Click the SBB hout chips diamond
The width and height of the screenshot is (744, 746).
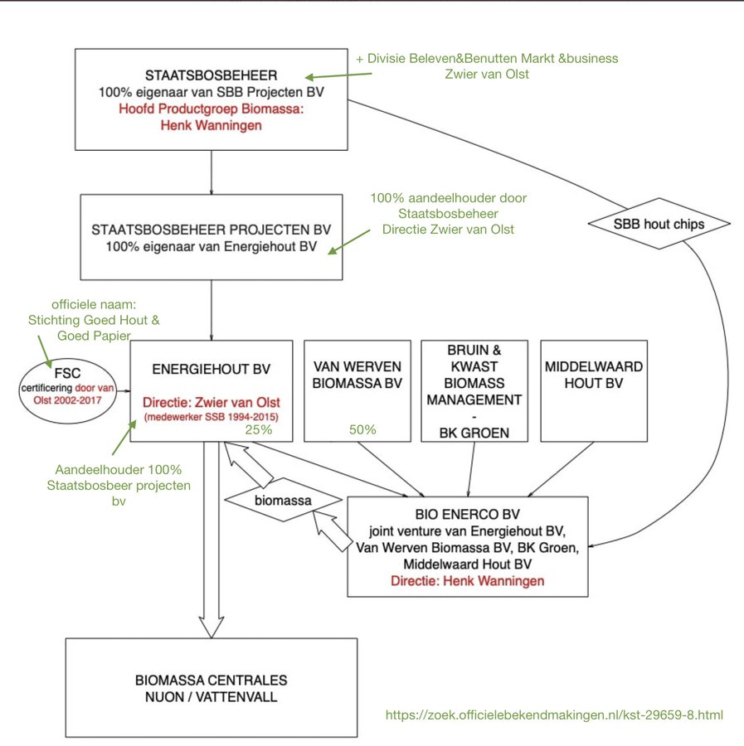(659, 224)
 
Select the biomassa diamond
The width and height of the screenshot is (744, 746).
(283, 500)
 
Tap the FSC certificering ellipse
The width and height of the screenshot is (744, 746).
(67, 390)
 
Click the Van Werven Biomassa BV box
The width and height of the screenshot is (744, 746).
(357, 391)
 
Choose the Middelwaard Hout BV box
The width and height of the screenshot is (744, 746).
(594, 391)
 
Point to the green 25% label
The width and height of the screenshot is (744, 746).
(259, 429)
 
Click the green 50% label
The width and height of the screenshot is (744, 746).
(362, 429)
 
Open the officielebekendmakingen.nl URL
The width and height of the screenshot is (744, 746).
(554, 715)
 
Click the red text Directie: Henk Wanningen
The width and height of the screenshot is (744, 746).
(468, 581)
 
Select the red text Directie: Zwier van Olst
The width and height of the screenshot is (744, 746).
(212, 403)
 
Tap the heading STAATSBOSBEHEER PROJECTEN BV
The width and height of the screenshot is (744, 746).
(212, 230)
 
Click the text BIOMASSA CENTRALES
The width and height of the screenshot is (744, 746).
(212, 681)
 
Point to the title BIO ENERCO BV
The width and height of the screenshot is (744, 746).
(468, 514)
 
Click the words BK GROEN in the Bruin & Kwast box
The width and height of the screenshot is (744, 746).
(474, 433)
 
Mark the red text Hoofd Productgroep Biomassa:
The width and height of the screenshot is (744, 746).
(212, 109)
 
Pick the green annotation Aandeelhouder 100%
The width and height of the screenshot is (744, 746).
(119, 470)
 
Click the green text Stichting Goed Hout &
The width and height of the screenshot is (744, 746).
(94, 320)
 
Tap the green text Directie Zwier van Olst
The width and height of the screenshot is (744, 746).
(449, 230)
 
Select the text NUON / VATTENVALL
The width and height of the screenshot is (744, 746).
(212, 697)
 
